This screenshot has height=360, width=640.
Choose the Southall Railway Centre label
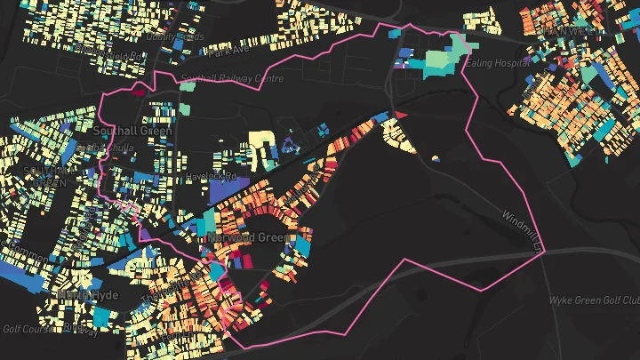(220, 78)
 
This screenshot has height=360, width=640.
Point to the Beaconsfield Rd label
(116, 55)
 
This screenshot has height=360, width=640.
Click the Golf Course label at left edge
(20, 328)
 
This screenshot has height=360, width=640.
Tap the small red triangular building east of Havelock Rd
(401, 115)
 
